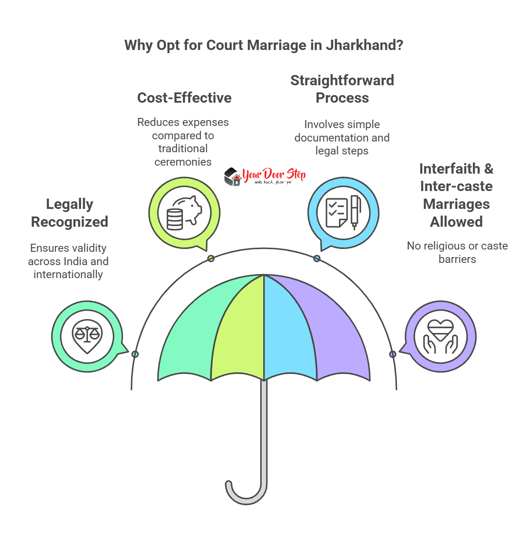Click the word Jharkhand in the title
click(364, 45)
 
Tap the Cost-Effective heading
click(184, 98)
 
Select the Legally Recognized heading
click(70, 213)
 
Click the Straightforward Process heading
click(342, 89)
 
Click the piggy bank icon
click(184, 213)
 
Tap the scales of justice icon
click(87, 336)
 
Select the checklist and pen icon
click(343, 213)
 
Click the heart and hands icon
click(440, 336)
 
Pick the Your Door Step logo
click(265, 176)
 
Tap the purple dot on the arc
click(393, 354)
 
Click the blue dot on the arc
click(317, 258)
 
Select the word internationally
click(68, 275)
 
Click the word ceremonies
click(183, 162)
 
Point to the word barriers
click(457, 259)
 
